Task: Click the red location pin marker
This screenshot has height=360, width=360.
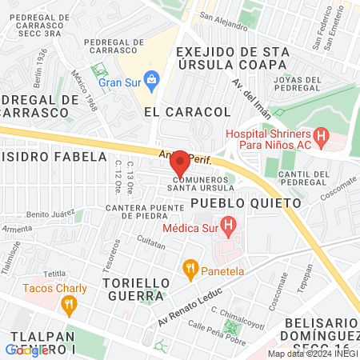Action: (x=180, y=163)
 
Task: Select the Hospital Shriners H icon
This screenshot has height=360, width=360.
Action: (x=321, y=137)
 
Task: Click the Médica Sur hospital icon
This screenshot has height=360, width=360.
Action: (x=228, y=227)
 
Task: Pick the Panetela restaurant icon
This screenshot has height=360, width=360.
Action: (x=190, y=268)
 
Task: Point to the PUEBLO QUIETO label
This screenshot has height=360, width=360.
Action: (x=246, y=204)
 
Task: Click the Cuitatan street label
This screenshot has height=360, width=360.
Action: (x=150, y=239)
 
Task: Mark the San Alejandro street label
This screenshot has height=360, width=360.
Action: (x=223, y=20)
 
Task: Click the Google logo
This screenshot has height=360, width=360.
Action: (x=26, y=350)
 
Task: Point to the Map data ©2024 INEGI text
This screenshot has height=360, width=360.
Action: (x=311, y=354)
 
